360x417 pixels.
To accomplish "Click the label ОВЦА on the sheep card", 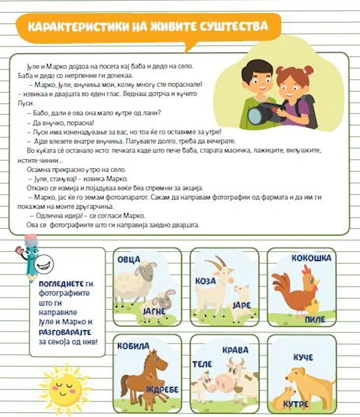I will (x=129, y=259).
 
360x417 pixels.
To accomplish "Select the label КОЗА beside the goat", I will (x=205, y=281).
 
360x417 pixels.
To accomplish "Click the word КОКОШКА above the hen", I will (x=311, y=258).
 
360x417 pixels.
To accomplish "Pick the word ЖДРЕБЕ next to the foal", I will (x=162, y=389).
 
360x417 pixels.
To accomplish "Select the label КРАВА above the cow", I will (x=235, y=350).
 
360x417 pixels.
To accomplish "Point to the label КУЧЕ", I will (x=303, y=357).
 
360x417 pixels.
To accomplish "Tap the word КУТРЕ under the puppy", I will (x=296, y=404).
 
